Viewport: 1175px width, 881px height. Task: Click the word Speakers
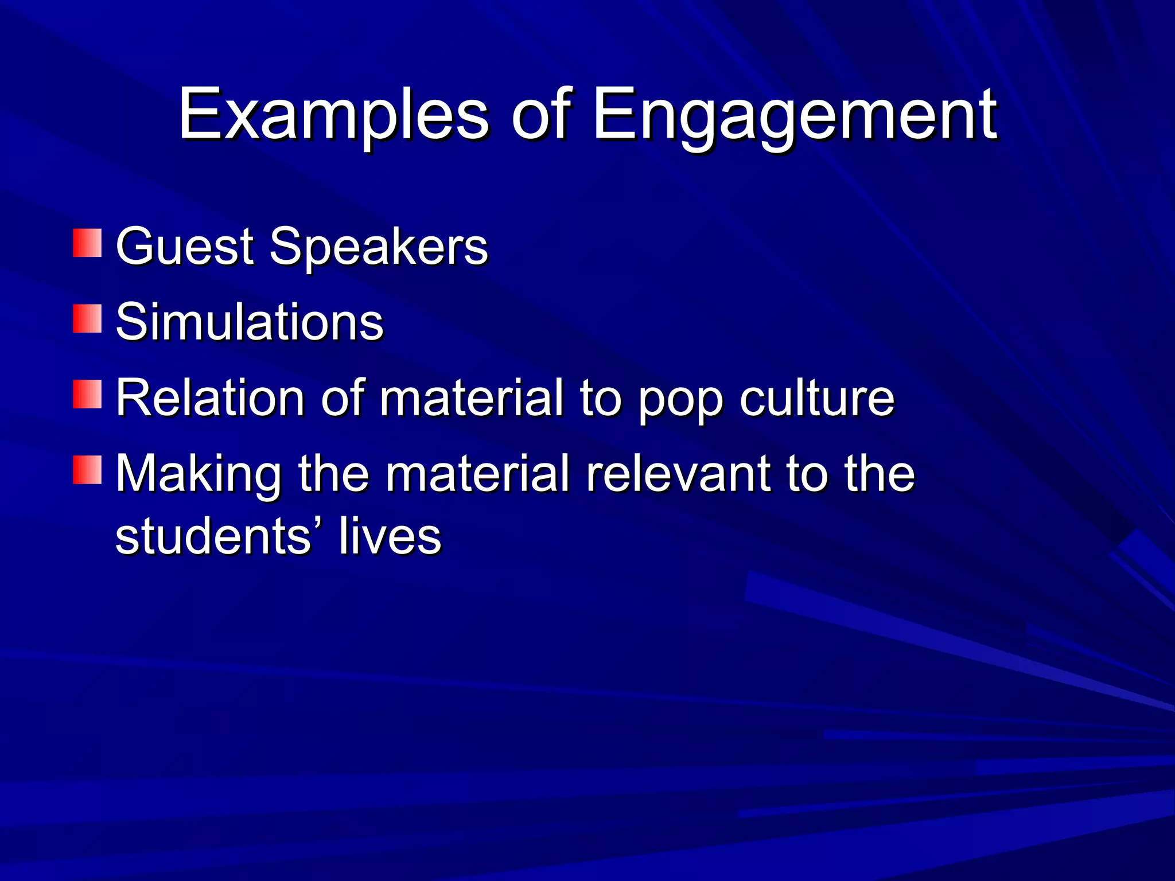379,247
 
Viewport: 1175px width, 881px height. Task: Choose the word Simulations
250,322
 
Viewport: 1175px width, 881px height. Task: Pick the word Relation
210,398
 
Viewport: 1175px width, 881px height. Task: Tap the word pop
680,401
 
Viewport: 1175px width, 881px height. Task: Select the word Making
199,475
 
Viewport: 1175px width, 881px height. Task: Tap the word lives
390,537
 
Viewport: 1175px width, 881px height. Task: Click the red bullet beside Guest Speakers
87,243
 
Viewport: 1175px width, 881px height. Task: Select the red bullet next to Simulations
87,319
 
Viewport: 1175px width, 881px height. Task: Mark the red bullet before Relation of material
87,395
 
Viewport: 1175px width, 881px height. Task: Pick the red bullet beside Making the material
87,470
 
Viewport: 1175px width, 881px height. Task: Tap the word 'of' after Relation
343,398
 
